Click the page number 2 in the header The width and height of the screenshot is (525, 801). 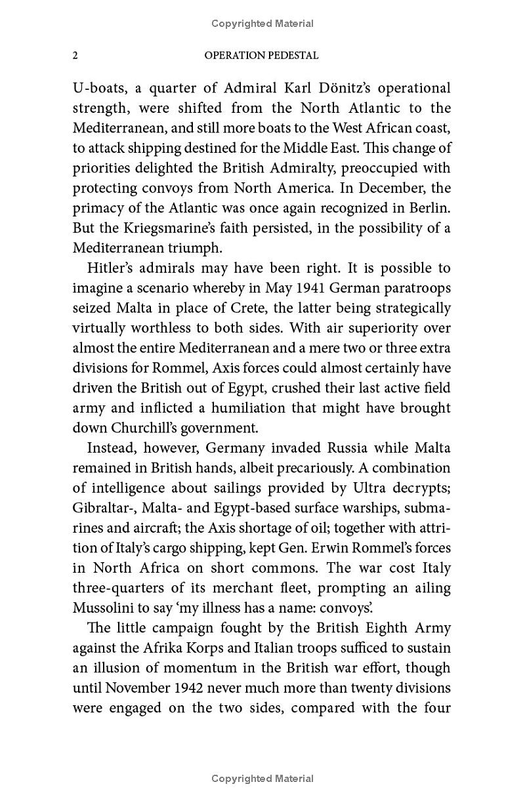pos(75,56)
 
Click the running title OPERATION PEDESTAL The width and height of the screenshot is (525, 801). pos(261,56)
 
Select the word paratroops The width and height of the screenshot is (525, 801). pos(417,288)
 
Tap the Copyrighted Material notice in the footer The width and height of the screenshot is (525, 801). pos(262,779)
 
